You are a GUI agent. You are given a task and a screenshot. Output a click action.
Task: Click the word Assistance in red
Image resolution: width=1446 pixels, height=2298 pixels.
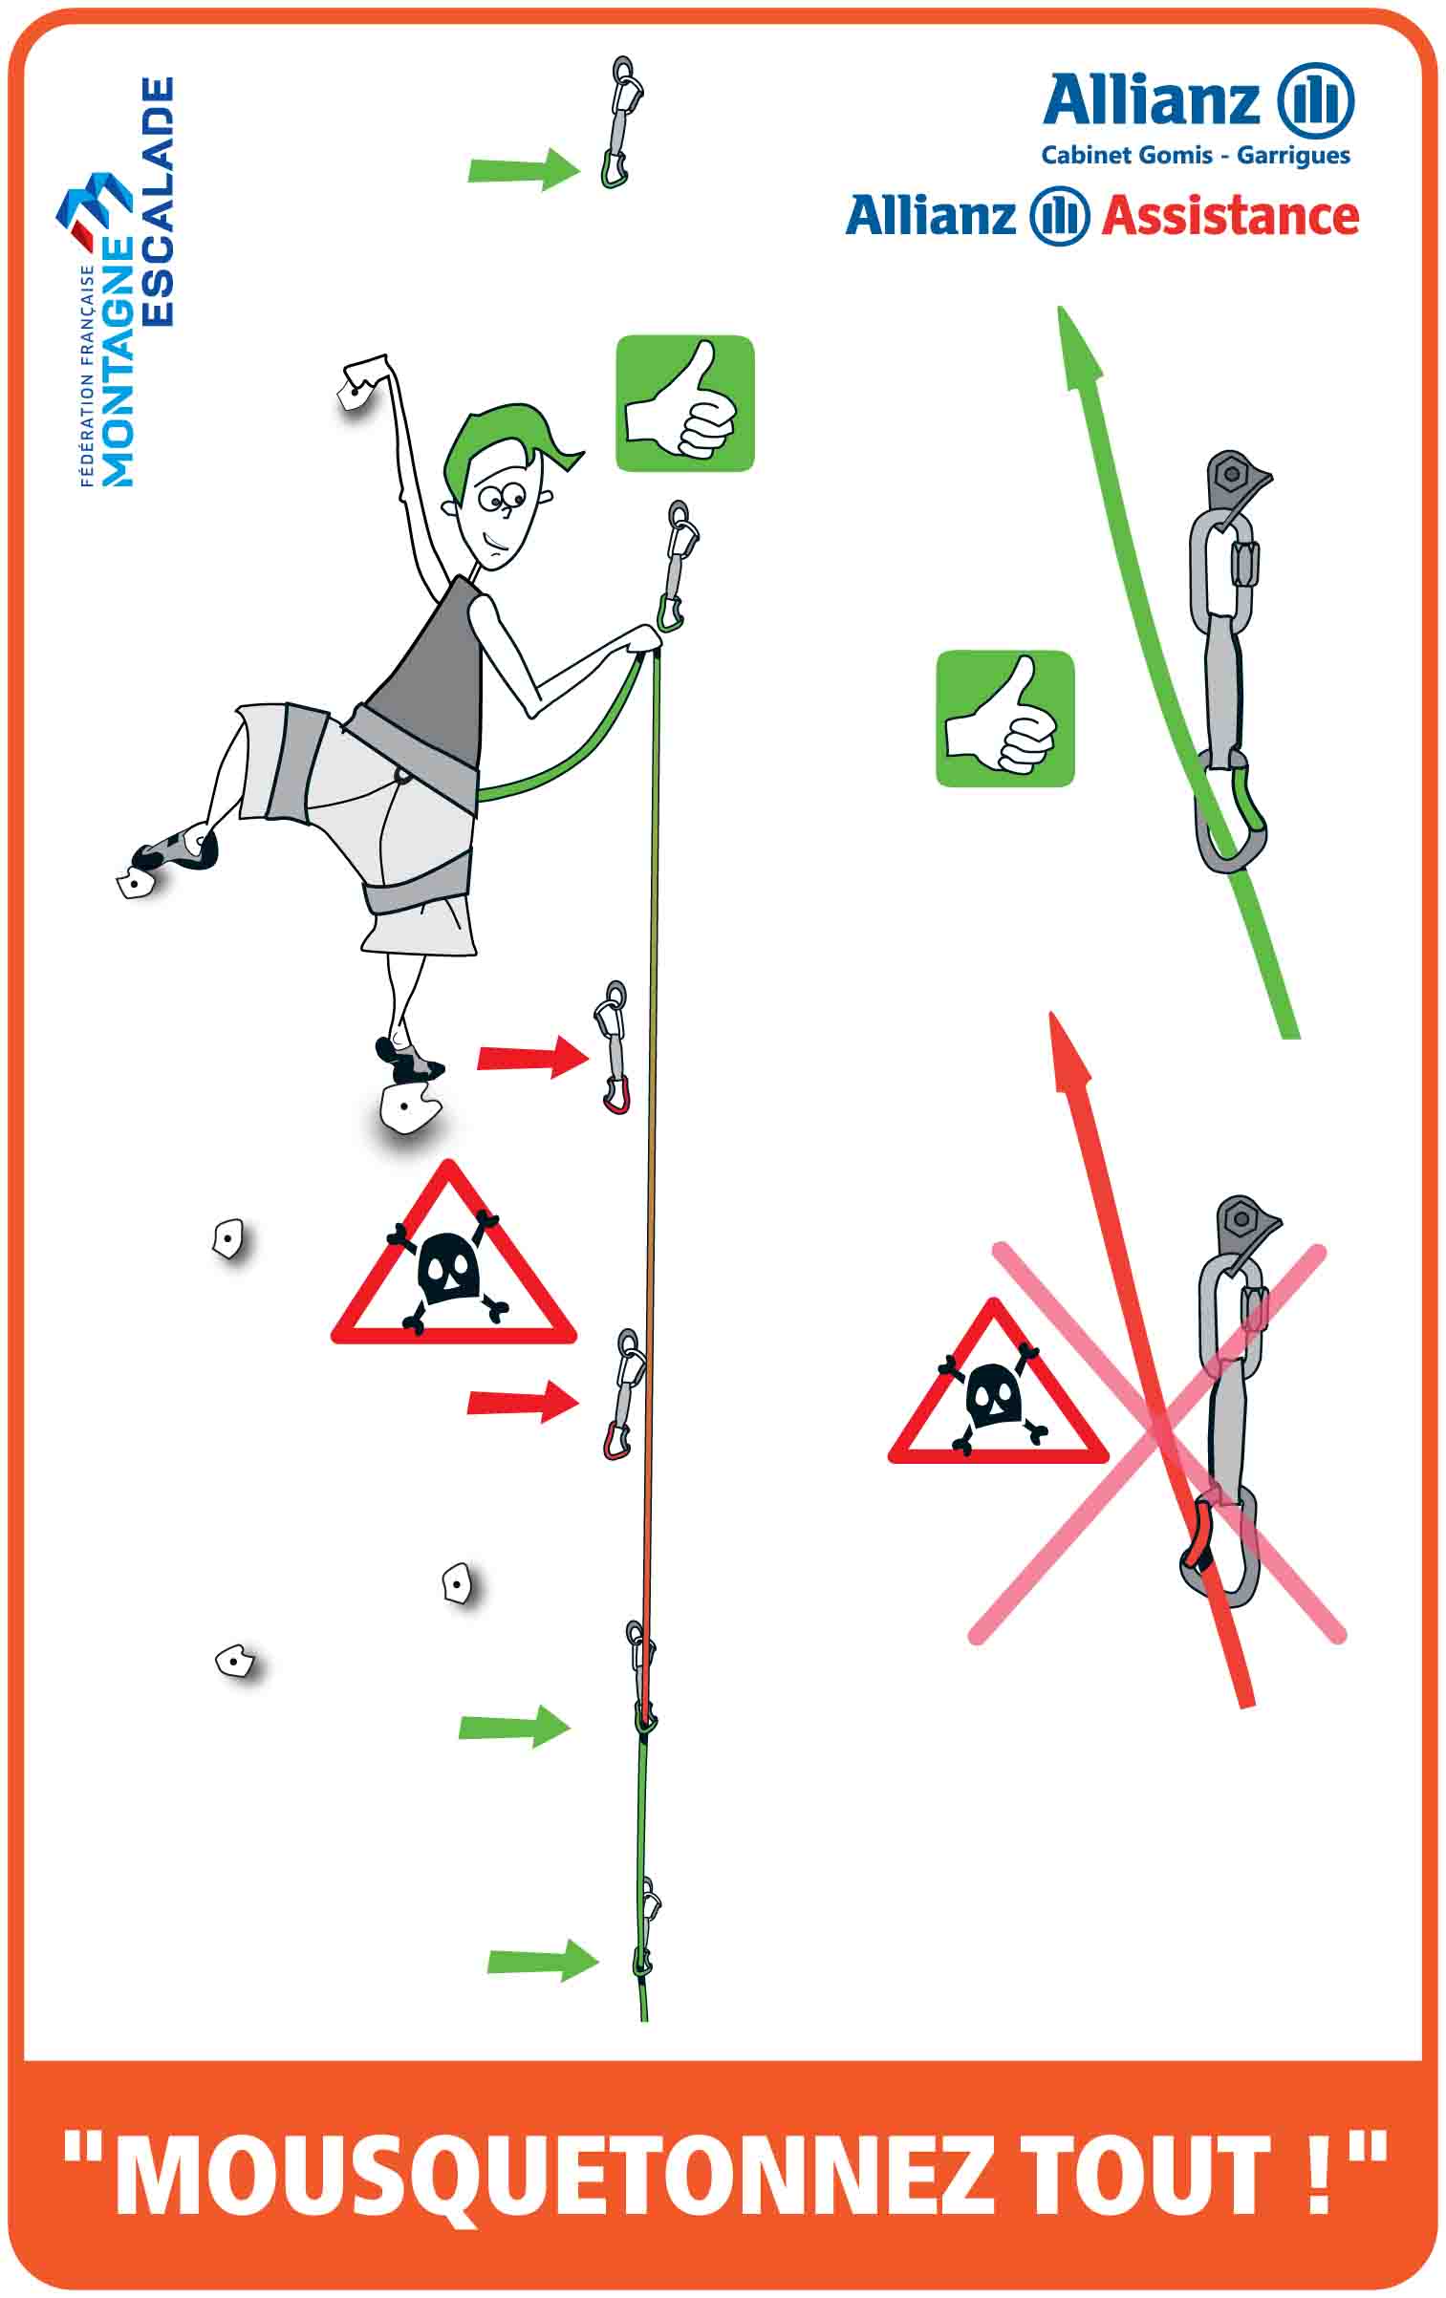tap(1230, 217)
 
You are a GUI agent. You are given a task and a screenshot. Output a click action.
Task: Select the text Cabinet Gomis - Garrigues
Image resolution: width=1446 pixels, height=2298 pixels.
tap(1196, 155)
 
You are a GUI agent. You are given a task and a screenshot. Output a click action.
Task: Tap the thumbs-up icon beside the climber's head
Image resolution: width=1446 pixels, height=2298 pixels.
tap(684, 403)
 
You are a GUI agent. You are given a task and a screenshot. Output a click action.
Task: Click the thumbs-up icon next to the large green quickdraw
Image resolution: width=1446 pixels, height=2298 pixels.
tap(1004, 719)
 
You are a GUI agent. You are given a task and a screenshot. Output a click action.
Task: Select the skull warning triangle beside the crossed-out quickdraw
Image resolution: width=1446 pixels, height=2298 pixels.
tap(998, 1384)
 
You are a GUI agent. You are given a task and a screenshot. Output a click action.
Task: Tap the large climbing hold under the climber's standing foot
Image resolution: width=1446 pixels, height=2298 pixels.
tap(409, 1108)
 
